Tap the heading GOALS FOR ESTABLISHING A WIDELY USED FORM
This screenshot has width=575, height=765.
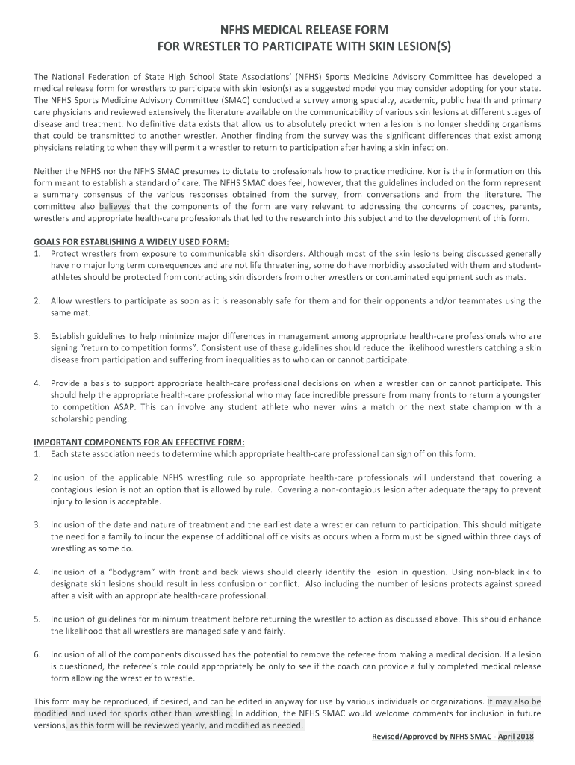[x=131, y=241]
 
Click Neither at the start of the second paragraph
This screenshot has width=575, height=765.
[x=49, y=171]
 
